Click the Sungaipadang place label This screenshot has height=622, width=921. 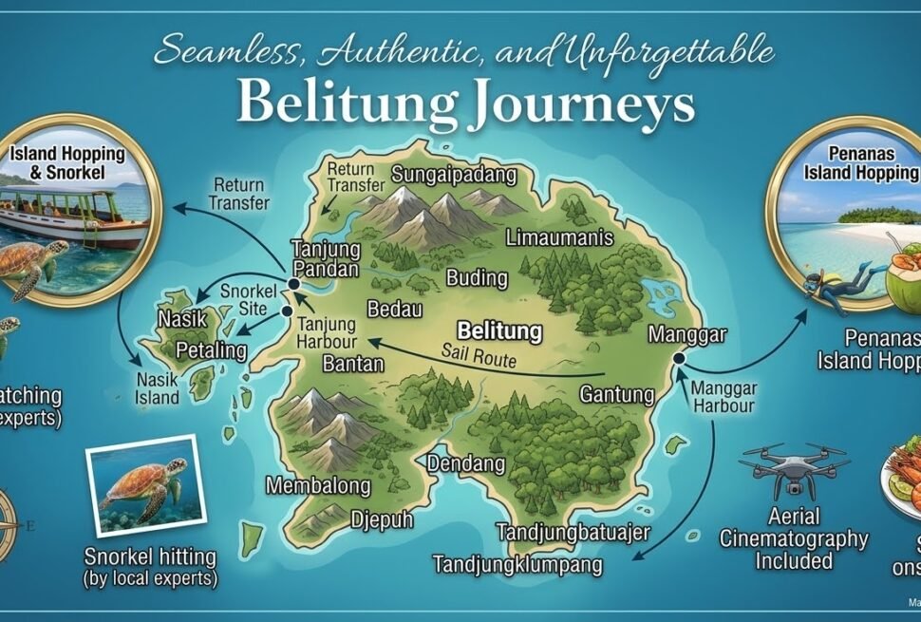[x=454, y=175]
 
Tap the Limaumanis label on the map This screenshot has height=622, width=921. [x=559, y=238]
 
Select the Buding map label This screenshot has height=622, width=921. [x=477, y=278]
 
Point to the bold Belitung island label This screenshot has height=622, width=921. [x=499, y=331]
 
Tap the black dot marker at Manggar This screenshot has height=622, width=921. [x=679, y=358]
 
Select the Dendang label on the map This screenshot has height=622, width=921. [x=466, y=464]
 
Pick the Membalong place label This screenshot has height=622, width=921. [x=318, y=486]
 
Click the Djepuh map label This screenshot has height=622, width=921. [x=380, y=518]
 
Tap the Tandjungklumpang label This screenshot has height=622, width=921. [x=517, y=564]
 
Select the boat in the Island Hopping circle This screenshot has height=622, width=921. [x=76, y=217]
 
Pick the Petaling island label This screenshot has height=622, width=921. [x=211, y=350]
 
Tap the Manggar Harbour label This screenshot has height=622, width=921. [x=723, y=397]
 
